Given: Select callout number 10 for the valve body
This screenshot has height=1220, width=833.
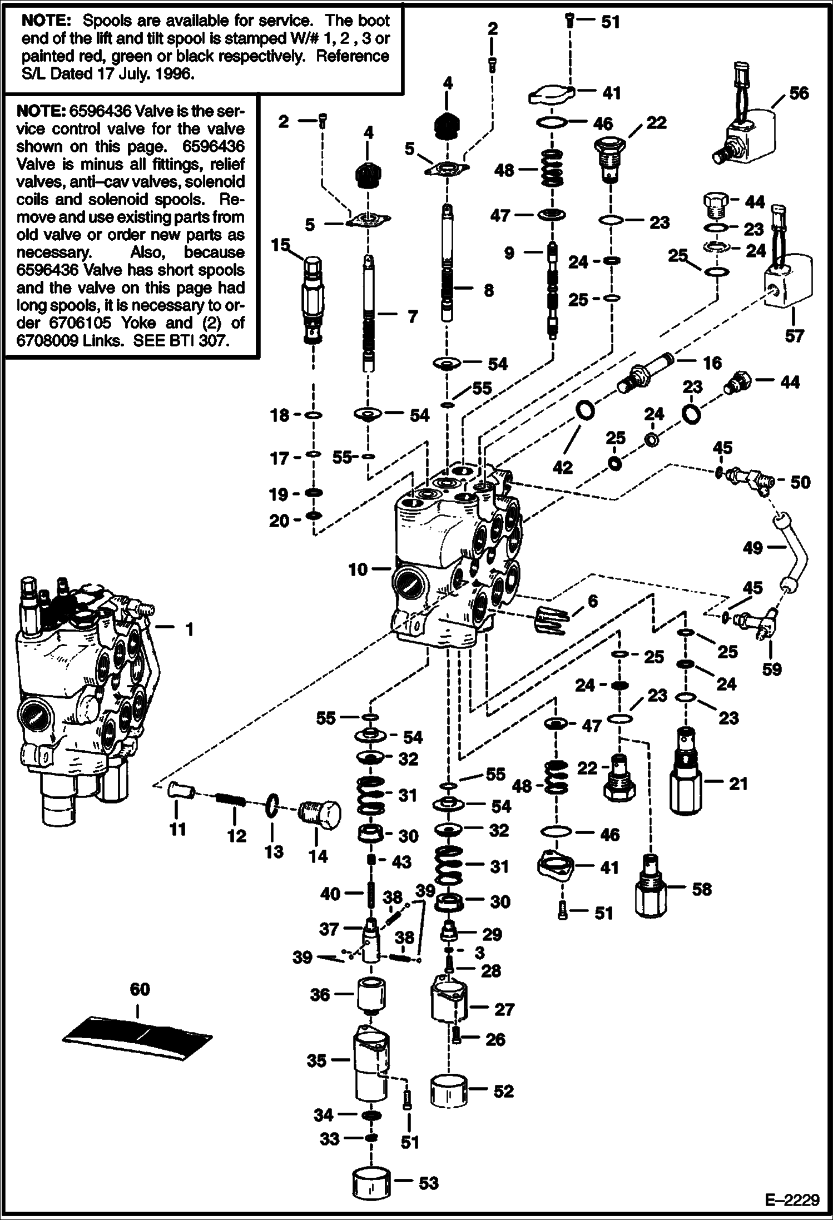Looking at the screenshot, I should click(x=358, y=569).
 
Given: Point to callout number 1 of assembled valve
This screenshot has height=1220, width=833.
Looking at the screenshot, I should click(x=189, y=629).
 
